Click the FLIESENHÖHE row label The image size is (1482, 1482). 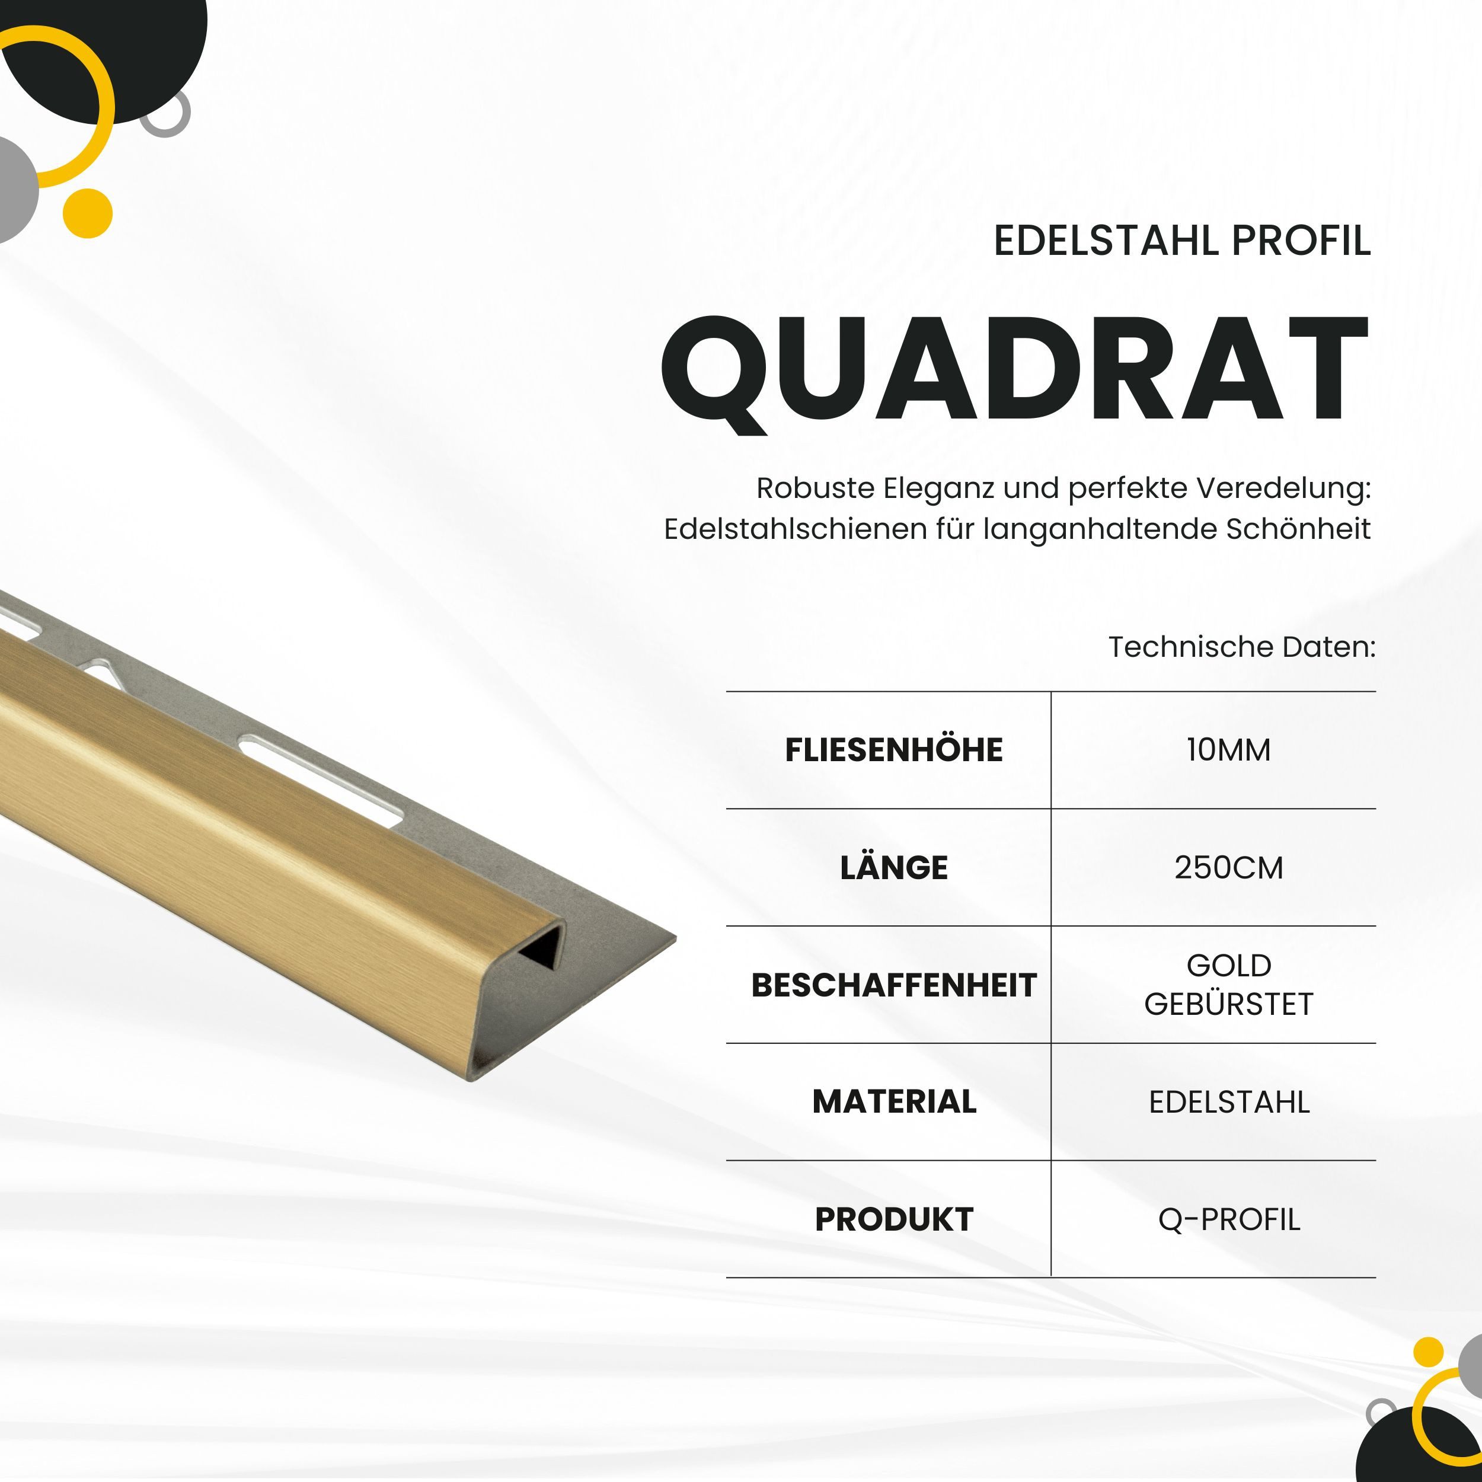click(894, 749)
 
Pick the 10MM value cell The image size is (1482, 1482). click(1228, 749)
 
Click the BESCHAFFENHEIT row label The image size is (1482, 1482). click(894, 985)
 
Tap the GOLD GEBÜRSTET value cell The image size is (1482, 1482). click(1228, 984)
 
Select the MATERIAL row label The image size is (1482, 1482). click(894, 1101)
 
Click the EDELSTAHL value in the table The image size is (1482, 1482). click(1228, 1101)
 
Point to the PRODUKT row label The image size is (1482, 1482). click(894, 1219)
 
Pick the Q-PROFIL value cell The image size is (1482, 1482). click(1228, 1219)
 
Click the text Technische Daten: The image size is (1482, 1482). click(1242, 647)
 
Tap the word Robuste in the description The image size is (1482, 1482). click(815, 488)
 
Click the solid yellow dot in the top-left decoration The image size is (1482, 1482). click(88, 212)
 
